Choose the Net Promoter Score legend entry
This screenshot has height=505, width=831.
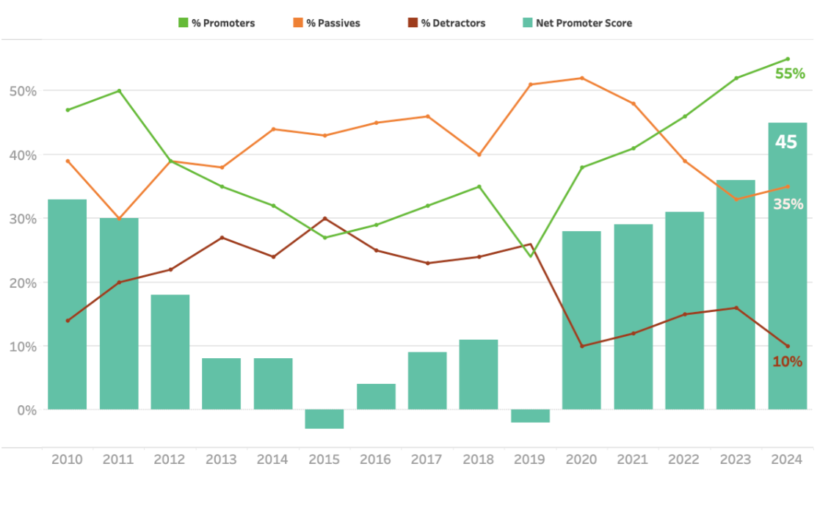coord(576,23)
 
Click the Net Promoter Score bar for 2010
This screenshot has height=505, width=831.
coord(67,304)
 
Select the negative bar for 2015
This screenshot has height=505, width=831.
coord(324,419)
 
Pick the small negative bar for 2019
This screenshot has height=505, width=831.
coord(530,416)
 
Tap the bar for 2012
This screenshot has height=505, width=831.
coord(170,352)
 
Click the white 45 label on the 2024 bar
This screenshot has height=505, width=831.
coord(786,142)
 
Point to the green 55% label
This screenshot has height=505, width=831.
coord(790,73)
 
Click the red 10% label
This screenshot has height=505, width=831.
coord(787,362)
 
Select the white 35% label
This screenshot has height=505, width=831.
coord(788,205)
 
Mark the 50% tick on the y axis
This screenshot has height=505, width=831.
coord(23,91)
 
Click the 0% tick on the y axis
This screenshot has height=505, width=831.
coord(26,410)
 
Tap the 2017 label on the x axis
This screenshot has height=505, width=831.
coord(427,459)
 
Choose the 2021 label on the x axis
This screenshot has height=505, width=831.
coord(633,459)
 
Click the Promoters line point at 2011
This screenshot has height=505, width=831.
coord(119,91)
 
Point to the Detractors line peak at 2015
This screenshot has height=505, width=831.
coord(324,219)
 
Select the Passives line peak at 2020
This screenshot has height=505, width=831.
coord(581,78)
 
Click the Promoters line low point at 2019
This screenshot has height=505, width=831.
coord(530,256)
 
